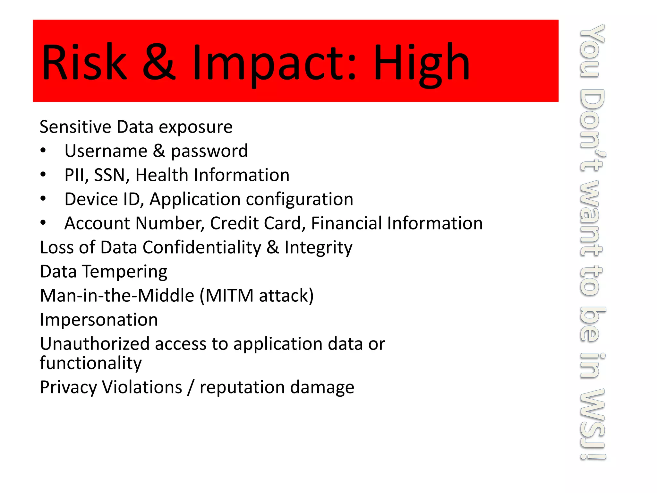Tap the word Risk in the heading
84,63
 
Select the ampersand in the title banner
159,63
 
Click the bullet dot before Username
43,151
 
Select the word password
209,151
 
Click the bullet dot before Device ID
43,199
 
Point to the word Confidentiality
202,247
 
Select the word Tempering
125,272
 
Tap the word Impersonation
99,320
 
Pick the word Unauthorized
95,344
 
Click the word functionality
90,363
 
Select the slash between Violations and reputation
191,387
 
